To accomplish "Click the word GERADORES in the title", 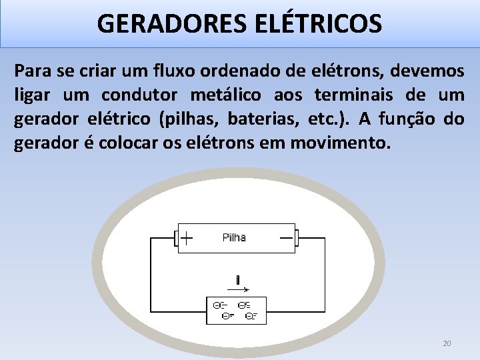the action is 173,24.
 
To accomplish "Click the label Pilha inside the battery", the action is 233,237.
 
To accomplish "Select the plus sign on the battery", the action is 187,237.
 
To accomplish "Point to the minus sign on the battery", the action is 287,237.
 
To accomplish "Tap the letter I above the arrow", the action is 237,279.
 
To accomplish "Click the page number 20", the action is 447,343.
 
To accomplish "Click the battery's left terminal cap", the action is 176,238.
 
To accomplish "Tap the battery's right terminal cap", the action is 297,238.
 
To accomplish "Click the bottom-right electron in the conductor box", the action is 251,316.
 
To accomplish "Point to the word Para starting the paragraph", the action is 33,71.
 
